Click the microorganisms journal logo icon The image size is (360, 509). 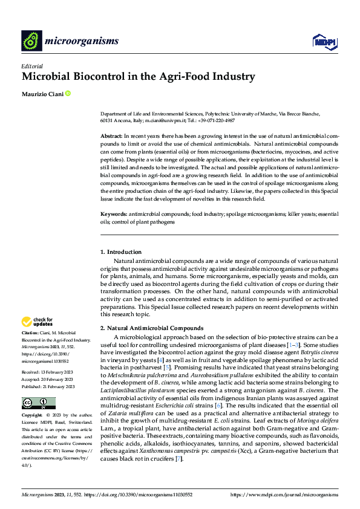point(31,41)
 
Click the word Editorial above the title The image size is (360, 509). point(31,66)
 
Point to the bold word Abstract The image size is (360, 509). point(112,137)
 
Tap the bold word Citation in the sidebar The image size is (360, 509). point(30,333)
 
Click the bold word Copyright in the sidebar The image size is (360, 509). point(32,417)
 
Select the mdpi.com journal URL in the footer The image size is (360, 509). point(285,495)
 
